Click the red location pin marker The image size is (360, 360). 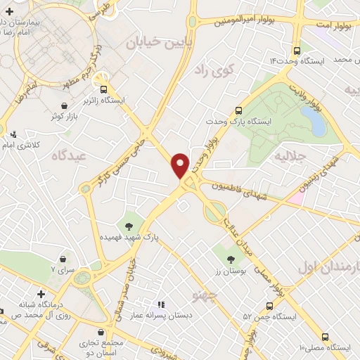click(181, 165)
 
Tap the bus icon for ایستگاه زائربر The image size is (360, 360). click(104, 89)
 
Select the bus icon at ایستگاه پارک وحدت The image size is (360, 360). click(238, 110)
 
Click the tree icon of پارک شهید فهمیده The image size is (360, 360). click(129, 226)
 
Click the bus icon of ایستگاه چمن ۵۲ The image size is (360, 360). click(270, 305)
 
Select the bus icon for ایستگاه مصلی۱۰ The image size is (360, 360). click(325, 337)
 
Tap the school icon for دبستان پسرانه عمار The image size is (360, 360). click(161, 305)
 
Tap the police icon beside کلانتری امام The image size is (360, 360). click(13, 134)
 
